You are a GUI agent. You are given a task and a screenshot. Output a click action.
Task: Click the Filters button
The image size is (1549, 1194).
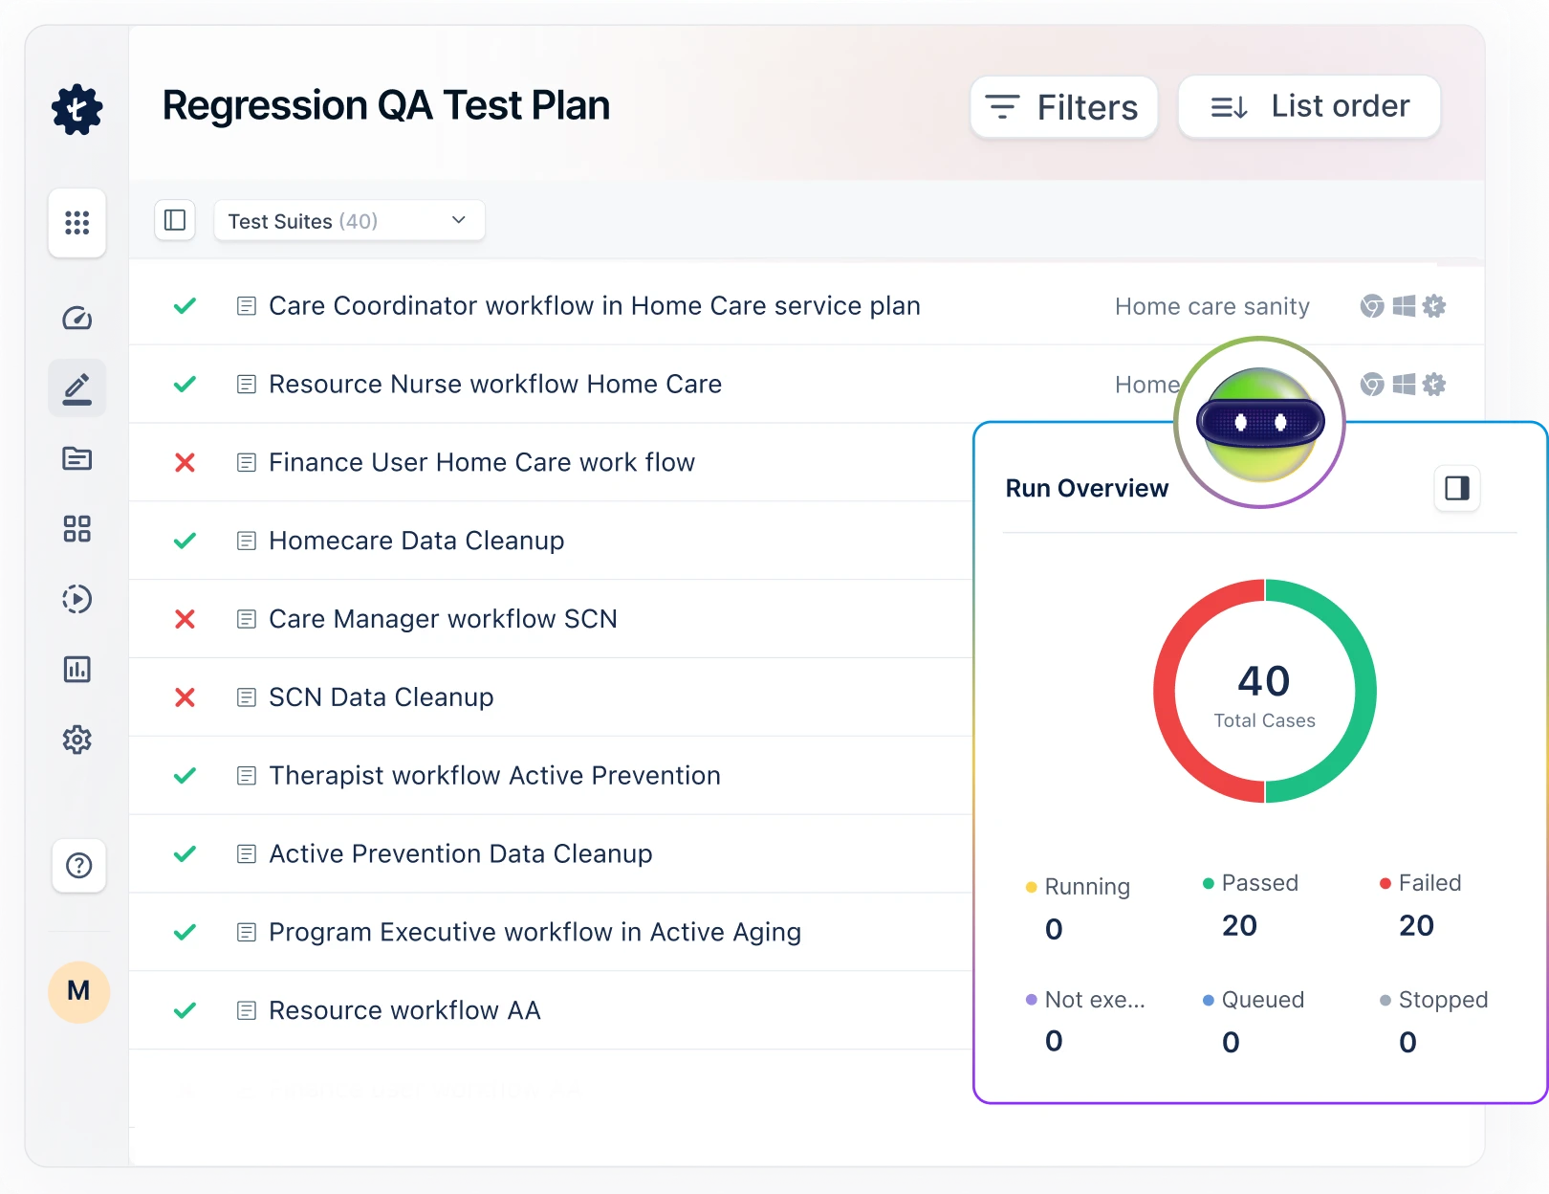pos(1063,107)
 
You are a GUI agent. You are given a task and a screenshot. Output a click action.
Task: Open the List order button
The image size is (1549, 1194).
pos(1309,106)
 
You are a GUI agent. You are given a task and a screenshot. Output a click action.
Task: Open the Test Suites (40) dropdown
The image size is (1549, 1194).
pos(349,221)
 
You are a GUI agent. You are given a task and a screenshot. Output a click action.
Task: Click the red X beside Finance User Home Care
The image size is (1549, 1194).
pos(185,463)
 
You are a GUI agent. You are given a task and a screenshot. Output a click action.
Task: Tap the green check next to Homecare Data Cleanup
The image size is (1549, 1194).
pos(185,542)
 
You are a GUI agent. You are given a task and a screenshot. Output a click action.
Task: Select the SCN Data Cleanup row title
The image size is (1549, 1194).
pos(381,697)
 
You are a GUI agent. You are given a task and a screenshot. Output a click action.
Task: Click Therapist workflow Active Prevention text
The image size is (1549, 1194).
pos(494,776)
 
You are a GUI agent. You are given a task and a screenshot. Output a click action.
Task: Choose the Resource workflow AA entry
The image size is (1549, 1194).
pos(404,1010)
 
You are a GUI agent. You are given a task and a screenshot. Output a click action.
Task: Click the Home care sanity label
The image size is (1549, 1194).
pos(1211,307)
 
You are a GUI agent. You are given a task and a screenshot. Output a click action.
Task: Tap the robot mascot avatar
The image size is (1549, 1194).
pos(1259,423)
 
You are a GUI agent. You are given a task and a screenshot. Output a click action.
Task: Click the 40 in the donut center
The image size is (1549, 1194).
pos(1264,681)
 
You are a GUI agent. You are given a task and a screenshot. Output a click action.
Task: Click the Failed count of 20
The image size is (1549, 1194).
pos(1416,926)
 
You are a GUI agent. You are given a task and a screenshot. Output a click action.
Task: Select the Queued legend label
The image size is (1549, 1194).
pos(1262,1000)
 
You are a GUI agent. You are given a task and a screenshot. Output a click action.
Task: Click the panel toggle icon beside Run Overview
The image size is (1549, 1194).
pos(1456,489)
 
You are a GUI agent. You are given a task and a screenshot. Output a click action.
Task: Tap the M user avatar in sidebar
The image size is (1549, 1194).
pos(78,991)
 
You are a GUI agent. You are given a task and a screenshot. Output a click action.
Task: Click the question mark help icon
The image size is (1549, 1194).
pos(78,866)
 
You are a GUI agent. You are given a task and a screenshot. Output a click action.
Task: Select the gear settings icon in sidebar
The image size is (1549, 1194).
pos(77,740)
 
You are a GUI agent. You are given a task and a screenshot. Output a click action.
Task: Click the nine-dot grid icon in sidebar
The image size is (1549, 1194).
pos(77,223)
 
